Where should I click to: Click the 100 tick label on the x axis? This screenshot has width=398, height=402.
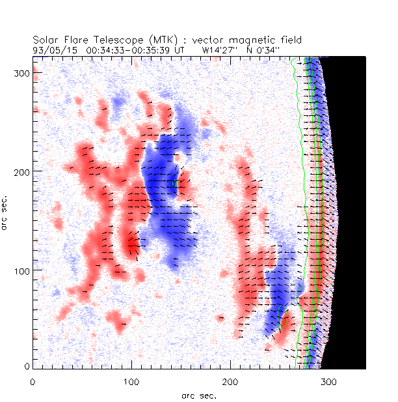coord(131,379)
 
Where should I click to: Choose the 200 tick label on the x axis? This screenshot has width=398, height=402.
coord(230,379)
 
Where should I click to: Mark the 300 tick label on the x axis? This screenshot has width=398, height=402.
coord(328,379)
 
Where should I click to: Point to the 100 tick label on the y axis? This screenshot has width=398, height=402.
coord(21,270)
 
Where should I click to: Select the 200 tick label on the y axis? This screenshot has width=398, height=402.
coord(21,171)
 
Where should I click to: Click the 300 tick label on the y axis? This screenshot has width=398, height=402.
coord(21,72)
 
